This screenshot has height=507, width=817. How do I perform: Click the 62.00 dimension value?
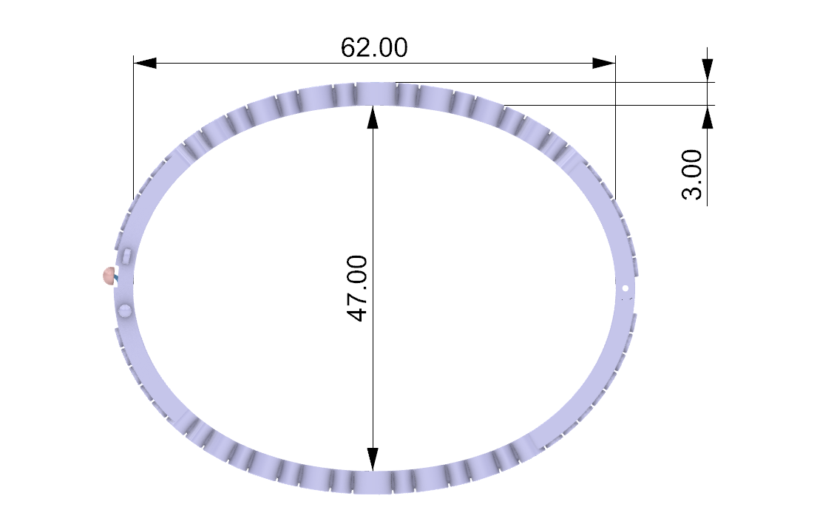pos(374,47)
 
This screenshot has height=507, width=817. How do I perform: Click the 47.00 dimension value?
pos(357,288)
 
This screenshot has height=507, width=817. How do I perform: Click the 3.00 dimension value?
pos(692,174)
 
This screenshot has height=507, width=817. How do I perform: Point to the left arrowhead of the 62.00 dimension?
pos(145,64)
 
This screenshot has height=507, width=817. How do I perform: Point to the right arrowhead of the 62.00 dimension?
pos(604,64)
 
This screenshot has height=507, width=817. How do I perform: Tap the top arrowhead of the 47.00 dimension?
pos(373,117)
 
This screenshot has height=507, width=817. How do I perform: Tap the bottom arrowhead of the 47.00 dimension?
pos(373,459)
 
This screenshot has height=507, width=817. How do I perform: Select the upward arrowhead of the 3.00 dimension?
pos(707,117)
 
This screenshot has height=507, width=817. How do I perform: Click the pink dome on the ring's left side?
pos(109,276)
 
